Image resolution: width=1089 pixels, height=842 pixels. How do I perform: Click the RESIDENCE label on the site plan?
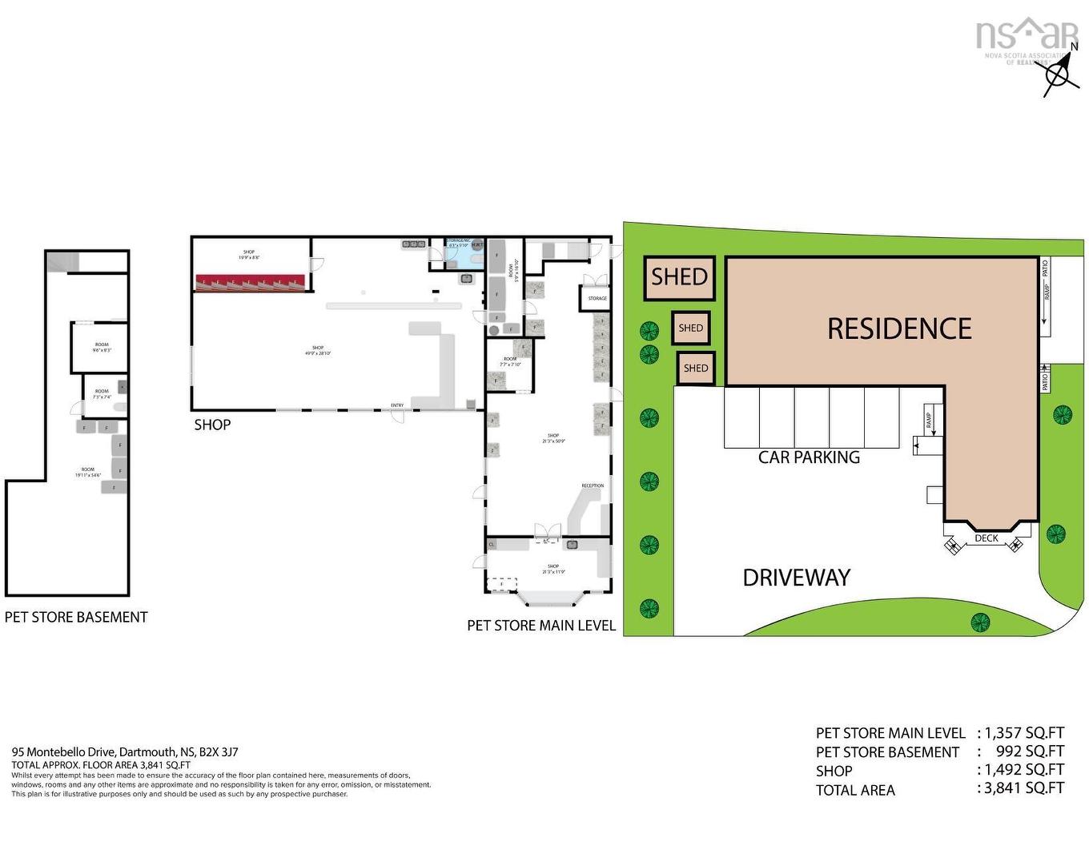coord(898,328)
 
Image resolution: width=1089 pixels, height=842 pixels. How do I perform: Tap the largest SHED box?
coord(679,277)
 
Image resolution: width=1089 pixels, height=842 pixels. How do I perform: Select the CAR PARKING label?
coord(809,457)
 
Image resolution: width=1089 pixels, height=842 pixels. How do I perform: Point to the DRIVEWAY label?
coord(796,578)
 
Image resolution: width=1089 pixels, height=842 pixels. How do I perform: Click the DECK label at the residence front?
coord(987,538)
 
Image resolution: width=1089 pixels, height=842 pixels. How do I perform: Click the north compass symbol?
coord(1059,75)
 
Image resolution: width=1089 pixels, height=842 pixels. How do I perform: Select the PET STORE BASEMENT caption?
coord(76,617)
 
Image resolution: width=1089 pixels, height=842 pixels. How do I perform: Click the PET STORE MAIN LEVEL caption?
coord(541,625)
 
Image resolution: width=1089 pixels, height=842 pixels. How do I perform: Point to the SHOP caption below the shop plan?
coord(212,425)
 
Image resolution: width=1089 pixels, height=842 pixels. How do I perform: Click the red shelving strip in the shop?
coord(250,282)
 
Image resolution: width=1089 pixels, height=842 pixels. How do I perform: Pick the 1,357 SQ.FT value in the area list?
coord(1024,732)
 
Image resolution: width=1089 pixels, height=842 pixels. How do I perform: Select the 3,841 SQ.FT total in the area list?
coord(1024,788)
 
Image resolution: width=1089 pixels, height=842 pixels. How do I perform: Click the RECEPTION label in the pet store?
coord(593,485)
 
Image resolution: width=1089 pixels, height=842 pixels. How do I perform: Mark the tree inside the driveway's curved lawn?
coord(978,621)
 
